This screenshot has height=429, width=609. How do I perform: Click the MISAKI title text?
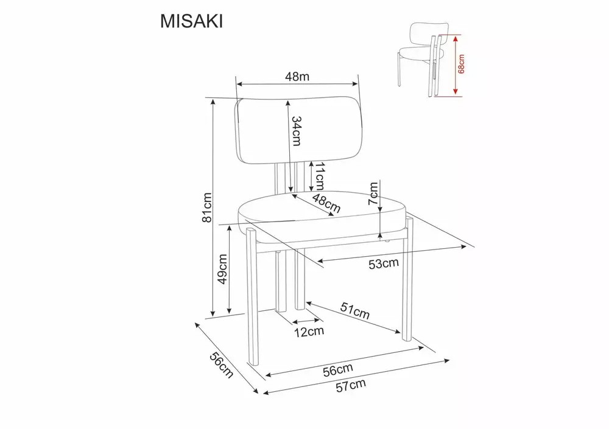click(191, 22)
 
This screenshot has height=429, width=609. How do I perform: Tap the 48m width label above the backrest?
click(297, 77)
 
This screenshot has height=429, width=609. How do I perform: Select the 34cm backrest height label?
click(297, 131)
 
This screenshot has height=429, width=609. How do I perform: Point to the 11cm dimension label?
click(319, 176)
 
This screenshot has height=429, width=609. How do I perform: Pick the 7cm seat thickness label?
click(373, 194)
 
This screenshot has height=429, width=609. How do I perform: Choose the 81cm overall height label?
click(208, 208)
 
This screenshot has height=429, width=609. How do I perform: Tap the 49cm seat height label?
click(222, 269)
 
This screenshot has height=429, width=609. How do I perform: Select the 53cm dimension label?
click(383, 263)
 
